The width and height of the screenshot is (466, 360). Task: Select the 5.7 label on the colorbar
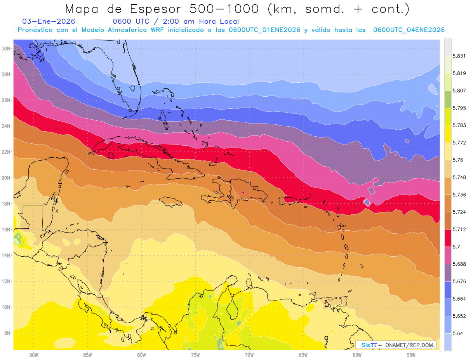(x=456, y=247)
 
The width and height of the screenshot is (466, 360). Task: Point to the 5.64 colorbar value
(x=457, y=333)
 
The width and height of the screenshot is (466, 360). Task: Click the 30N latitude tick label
(x=7, y=48)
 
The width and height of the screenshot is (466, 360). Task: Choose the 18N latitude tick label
(x=7, y=203)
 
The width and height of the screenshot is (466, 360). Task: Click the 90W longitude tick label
(x=33, y=355)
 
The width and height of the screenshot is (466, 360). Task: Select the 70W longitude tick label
(x=249, y=355)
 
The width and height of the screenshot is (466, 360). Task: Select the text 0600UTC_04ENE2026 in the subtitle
(x=409, y=30)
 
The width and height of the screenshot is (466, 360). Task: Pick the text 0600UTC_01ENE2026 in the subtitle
(x=264, y=30)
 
